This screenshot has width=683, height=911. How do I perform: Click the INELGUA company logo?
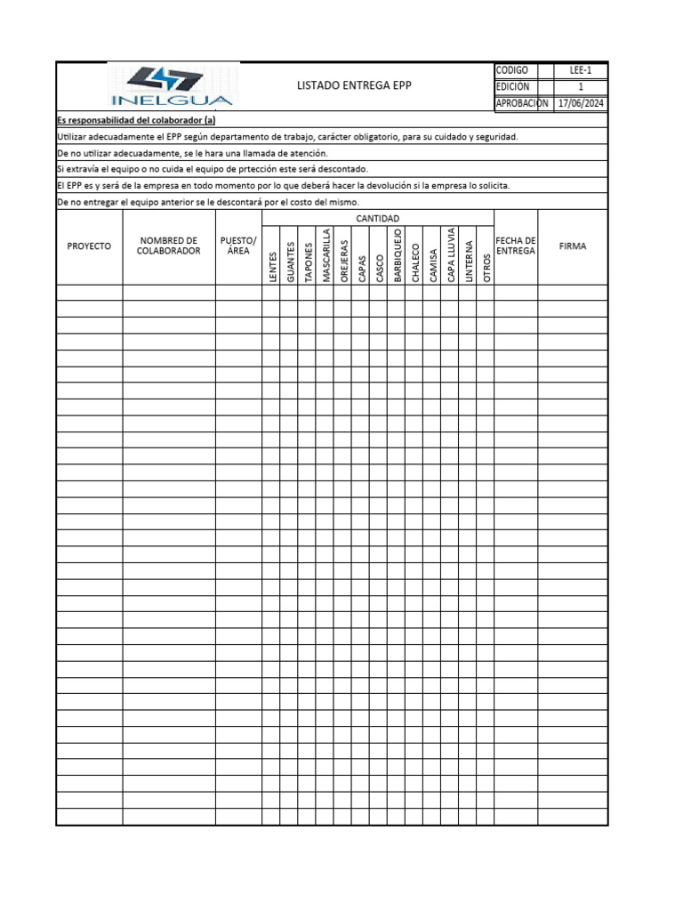(x=169, y=87)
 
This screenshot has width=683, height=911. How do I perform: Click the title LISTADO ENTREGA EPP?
(x=354, y=85)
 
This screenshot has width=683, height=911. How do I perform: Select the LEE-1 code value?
(x=581, y=70)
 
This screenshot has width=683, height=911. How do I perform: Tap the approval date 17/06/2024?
(x=581, y=103)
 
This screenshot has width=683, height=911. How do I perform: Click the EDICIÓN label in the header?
(x=513, y=86)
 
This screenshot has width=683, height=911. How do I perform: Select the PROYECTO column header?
(x=89, y=246)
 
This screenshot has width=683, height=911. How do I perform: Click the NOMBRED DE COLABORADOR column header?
(x=169, y=246)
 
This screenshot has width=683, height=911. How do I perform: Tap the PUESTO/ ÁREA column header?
(x=237, y=246)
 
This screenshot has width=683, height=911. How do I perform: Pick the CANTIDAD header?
(x=378, y=218)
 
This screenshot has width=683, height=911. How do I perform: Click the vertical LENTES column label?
(x=272, y=267)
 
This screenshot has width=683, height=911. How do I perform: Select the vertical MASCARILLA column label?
(x=325, y=255)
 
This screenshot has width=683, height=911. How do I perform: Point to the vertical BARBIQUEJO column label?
(x=398, y=254)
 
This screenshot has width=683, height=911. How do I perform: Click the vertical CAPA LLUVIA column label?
(x=451, y=254)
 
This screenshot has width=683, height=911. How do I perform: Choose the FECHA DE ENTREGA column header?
(x=516, y=246)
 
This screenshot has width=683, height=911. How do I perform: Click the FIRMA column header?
(x=573, y=246)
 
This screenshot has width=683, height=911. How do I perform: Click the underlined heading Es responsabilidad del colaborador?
(x=136, y=120)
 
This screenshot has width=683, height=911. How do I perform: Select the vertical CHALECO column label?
(x=415, y=262)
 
